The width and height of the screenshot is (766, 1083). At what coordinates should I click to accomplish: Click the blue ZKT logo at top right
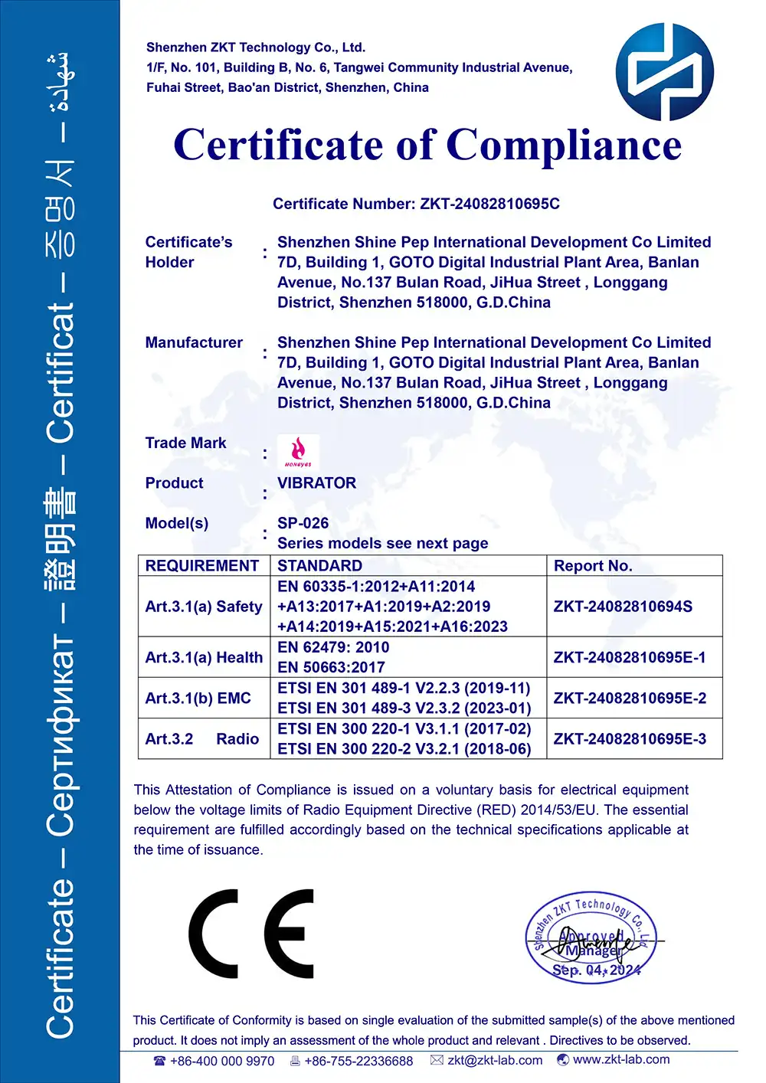coord(664,72)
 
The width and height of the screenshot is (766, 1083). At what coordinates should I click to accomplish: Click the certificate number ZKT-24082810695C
coord(489,204)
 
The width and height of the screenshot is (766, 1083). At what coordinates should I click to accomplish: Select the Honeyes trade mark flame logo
coord(298,452)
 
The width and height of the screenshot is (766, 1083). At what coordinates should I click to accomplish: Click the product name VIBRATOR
coord(316,483)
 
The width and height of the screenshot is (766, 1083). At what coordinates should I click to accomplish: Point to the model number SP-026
coord(303,523)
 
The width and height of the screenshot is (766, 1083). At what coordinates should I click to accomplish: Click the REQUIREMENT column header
coord(202,566)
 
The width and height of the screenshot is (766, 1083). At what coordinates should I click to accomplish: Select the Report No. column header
coord(592,566)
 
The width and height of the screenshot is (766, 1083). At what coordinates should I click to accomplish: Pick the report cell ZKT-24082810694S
coord(623,607)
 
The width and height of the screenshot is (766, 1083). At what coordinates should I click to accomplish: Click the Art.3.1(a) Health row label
coord(204,657)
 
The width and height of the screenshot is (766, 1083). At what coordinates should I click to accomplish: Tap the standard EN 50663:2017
coord(331,667)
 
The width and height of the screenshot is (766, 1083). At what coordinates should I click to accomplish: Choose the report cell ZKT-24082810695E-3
coord(630,739)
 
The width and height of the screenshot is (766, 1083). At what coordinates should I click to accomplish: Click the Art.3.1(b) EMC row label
coord(198,699)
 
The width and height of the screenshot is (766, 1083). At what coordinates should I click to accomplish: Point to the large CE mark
coord(251,934)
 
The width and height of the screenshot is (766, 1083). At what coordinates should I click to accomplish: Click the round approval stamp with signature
coord(591,939)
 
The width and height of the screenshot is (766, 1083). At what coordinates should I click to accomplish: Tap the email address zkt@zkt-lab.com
coord(495,1060)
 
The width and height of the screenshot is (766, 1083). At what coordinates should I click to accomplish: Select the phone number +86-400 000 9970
coord(221,1061)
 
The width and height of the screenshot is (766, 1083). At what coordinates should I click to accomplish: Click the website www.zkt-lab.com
coord(620,1059)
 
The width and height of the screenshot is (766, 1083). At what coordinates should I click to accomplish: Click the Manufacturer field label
coord(194,342)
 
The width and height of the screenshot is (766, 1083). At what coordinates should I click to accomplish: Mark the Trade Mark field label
coord(185,443)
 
